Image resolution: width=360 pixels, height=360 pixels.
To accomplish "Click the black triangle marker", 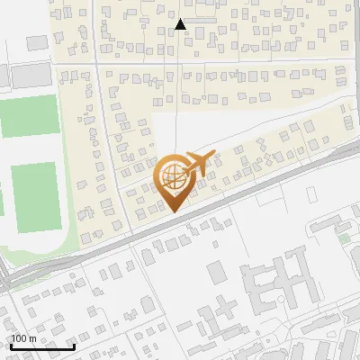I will click(x=181, y=24).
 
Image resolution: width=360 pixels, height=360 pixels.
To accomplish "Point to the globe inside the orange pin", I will click(x=173, y=173).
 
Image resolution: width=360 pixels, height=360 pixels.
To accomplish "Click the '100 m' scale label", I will click(x=23, y=338).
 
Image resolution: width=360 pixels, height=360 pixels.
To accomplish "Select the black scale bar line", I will click(x=42, y=346).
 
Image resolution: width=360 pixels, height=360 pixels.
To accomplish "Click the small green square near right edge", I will click(x=344, y=238).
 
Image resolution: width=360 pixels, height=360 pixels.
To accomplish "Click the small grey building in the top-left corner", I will click(x=36, y=42).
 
